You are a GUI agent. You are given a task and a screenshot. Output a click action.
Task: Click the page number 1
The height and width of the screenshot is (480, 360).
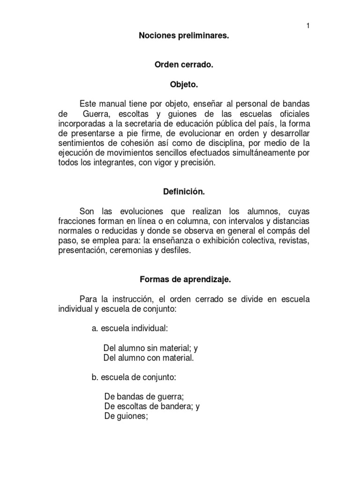(308, 26)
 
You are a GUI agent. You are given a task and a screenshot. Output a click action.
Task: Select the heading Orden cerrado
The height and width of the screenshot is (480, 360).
(184, 66)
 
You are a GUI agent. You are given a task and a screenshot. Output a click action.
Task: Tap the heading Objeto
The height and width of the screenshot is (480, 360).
(184, 85)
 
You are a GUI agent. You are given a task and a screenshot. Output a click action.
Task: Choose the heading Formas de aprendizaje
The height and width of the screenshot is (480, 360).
(184, 280)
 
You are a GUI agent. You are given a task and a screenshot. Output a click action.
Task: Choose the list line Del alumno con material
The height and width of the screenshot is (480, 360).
(148, 358)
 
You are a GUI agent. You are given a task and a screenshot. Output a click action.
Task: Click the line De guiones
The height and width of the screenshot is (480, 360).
(126, 417)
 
